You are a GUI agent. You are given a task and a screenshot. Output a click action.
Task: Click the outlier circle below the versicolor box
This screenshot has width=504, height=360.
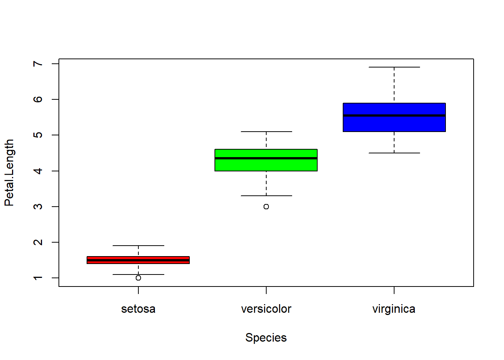point(266,207)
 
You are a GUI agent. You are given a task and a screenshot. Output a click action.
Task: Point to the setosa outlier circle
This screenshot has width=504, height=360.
point(138,278)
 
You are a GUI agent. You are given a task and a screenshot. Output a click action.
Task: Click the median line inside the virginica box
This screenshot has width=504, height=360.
point(394,116)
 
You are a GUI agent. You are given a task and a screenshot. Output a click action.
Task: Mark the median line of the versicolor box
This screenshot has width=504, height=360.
point(266,158)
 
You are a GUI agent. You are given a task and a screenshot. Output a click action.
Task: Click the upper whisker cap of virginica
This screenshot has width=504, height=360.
point(394,67)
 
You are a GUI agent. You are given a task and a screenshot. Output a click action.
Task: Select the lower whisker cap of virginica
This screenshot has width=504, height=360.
point(394,153)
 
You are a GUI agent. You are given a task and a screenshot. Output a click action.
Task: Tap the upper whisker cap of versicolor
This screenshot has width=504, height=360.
point(266,132)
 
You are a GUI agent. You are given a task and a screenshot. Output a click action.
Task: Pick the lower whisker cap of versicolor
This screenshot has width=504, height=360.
point(266,196)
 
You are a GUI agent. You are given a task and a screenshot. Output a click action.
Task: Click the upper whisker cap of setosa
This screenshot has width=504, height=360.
point(138,246)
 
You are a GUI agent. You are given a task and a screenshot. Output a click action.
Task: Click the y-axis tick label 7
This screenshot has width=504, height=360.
point(38,64)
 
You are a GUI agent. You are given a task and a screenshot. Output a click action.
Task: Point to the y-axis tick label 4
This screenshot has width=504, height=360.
point(38,171)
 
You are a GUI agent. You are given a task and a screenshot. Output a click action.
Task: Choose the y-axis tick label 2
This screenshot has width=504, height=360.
point(38,242)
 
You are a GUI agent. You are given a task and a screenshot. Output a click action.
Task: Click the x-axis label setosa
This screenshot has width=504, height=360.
point(138,309)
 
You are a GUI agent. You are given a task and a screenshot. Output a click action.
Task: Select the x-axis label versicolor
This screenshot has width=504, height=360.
point(266,309)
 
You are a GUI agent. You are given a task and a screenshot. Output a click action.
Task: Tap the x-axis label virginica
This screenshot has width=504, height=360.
point(394,309)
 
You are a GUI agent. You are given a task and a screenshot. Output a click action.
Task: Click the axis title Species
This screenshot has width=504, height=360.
point(266,337)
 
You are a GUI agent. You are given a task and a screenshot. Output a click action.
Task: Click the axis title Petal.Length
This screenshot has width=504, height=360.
point(9,172)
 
